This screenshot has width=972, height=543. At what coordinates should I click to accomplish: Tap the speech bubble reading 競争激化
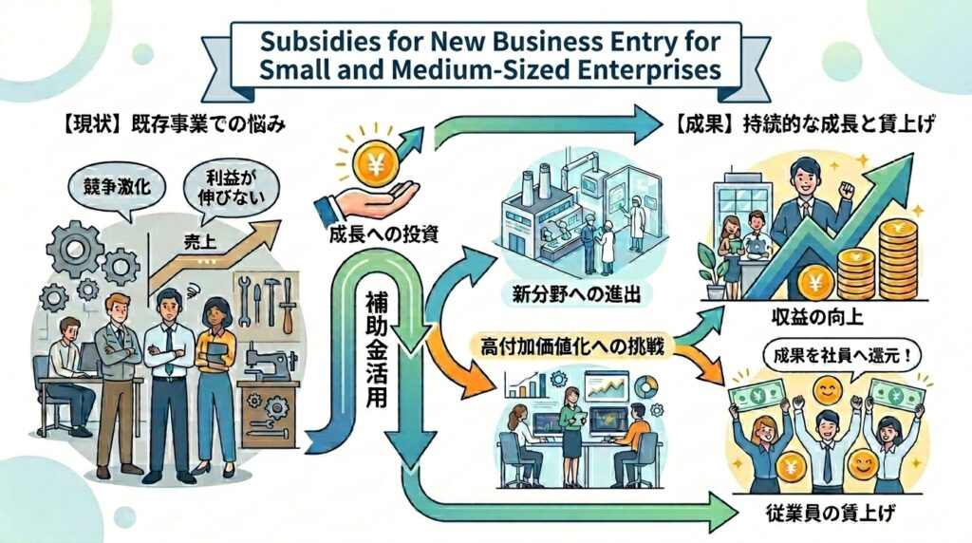[117, 187]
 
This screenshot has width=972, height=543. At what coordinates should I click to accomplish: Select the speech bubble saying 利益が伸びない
[232, 189]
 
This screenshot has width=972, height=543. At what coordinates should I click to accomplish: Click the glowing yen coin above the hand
[375, 162]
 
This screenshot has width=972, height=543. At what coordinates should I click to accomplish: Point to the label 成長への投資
[383, 234]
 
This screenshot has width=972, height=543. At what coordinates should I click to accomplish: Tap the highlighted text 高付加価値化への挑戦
[572, 346]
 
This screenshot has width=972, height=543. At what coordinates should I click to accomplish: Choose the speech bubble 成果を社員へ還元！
[840, 357]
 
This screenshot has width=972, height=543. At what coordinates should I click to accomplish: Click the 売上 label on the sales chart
[200, 242]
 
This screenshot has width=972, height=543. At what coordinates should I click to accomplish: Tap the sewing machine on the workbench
[269, 365]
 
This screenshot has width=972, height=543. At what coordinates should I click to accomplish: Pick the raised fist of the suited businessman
[845, 187]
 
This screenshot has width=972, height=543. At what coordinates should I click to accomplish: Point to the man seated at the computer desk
[70, 374]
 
